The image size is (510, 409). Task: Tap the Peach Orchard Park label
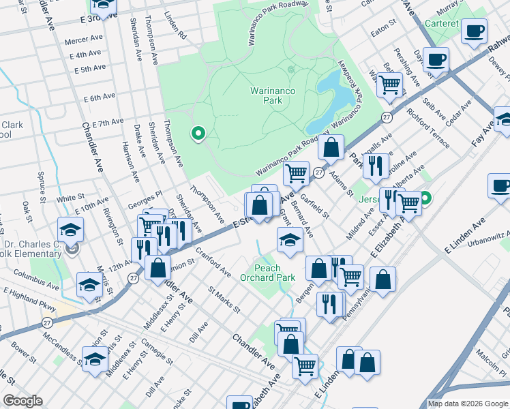pos(267,273)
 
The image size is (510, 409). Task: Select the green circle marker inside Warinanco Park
pos(198,134)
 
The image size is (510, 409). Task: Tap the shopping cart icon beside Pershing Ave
pos(389,85)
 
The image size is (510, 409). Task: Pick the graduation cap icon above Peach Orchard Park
pos(290,240)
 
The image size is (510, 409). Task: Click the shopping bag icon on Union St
pos(158,267)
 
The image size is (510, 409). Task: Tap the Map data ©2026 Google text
pos(467,404)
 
